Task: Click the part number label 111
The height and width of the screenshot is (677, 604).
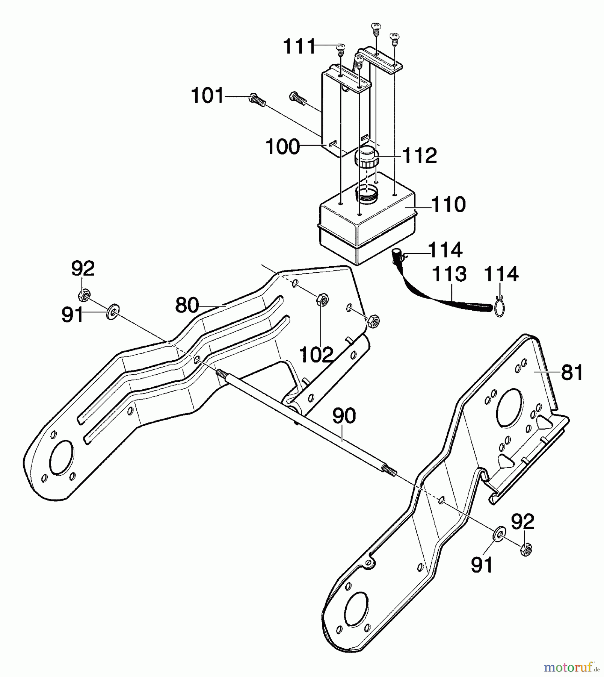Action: [x=299, y=47]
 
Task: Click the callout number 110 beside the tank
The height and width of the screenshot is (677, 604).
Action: [x=448, y=205]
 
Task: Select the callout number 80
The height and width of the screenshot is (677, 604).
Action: [x=187, y=305]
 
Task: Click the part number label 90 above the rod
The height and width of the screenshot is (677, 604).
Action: [x=344, y=416]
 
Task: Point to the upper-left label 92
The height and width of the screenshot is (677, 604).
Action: [x=83, y=269]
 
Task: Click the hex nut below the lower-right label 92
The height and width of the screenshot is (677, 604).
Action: [x=525, y=551]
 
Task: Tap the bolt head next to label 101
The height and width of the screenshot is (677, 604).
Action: [x=254, y=99]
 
